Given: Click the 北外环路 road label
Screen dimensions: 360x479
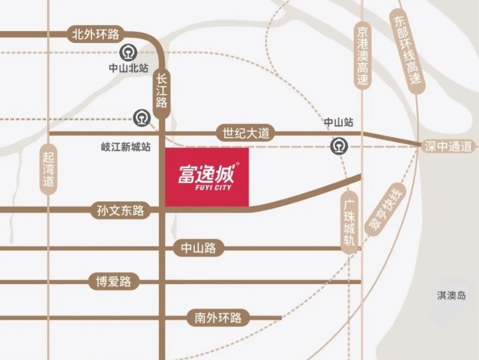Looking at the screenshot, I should click(96, 35).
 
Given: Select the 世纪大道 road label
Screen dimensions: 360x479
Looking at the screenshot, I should click(246, 133).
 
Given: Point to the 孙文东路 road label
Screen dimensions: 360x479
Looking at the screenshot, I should click(121, 210).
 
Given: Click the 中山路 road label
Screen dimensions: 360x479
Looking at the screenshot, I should click(199, 248).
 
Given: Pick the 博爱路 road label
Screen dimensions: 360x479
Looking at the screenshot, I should click(114, 281).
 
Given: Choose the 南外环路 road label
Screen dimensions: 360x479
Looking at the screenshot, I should click(218, 317).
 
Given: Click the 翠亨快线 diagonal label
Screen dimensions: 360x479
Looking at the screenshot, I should click(385, 208).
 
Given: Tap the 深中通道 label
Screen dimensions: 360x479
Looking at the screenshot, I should click(448, 146).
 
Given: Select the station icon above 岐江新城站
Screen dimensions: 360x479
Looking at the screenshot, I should click(142, 118).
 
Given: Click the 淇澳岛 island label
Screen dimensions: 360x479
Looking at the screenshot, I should click(452, 296).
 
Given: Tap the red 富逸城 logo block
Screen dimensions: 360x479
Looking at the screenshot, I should click(207, 177).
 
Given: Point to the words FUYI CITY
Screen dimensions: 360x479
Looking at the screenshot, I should click(207, 188).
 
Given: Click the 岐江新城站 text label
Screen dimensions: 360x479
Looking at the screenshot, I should click(126, 147).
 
